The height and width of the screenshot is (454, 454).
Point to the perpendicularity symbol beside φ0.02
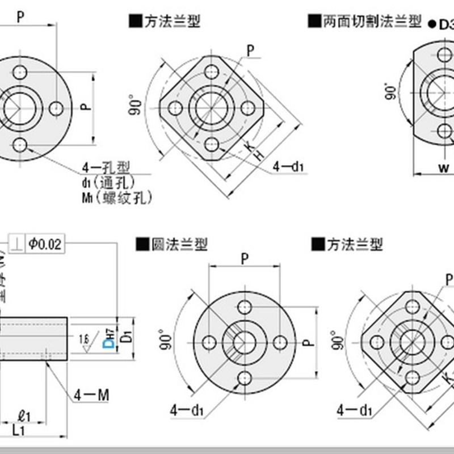(18, 244)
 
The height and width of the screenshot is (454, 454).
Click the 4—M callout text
(91, 395)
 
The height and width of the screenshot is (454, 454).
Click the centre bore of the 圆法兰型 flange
(245, 342)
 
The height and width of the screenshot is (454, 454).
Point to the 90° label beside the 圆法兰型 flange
(165, 340)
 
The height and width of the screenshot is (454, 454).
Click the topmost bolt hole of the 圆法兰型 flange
(245, 307)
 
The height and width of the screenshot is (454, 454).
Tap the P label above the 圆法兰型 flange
(245, 259)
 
